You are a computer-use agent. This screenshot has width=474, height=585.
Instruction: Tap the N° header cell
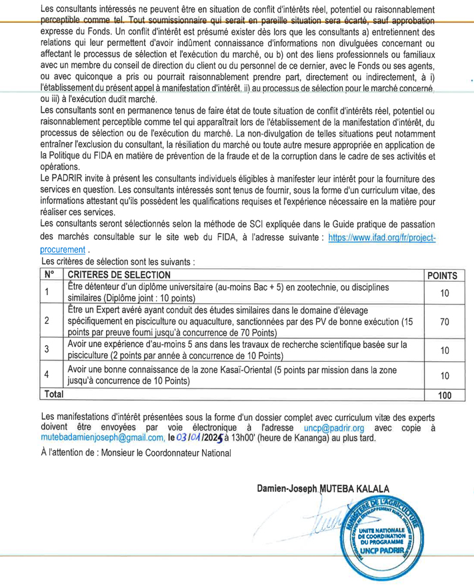click(49, 275)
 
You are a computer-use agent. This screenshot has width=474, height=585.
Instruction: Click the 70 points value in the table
click(445, 321)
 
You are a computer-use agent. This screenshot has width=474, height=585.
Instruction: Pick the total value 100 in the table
click(445, 395)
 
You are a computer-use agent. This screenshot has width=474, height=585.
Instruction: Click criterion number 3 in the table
click(47, 349)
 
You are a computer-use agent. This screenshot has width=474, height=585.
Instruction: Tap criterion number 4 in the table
click(47, 374)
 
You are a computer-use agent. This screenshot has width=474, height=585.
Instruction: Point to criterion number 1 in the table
click(47, 291)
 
